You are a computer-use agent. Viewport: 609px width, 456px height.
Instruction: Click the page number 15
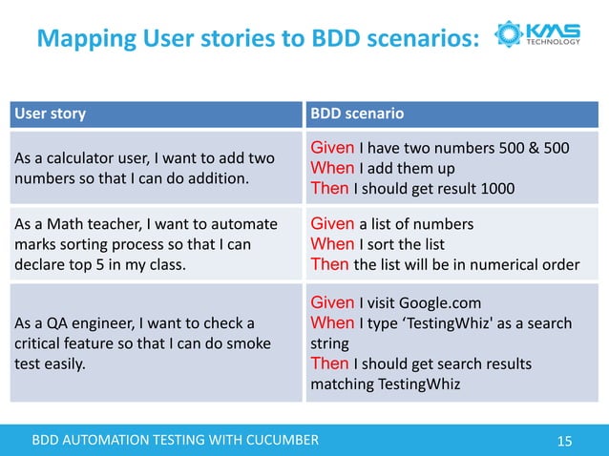(x=564, y=441)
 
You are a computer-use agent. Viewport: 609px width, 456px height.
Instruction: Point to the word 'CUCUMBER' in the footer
(x=276, y=440)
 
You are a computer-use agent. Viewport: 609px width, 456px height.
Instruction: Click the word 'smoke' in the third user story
(x=251, y=343)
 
